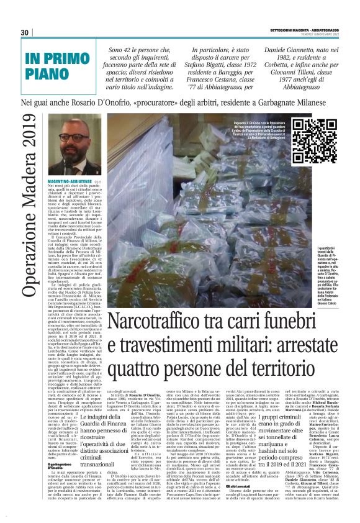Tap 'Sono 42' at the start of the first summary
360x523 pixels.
[122, 49]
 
